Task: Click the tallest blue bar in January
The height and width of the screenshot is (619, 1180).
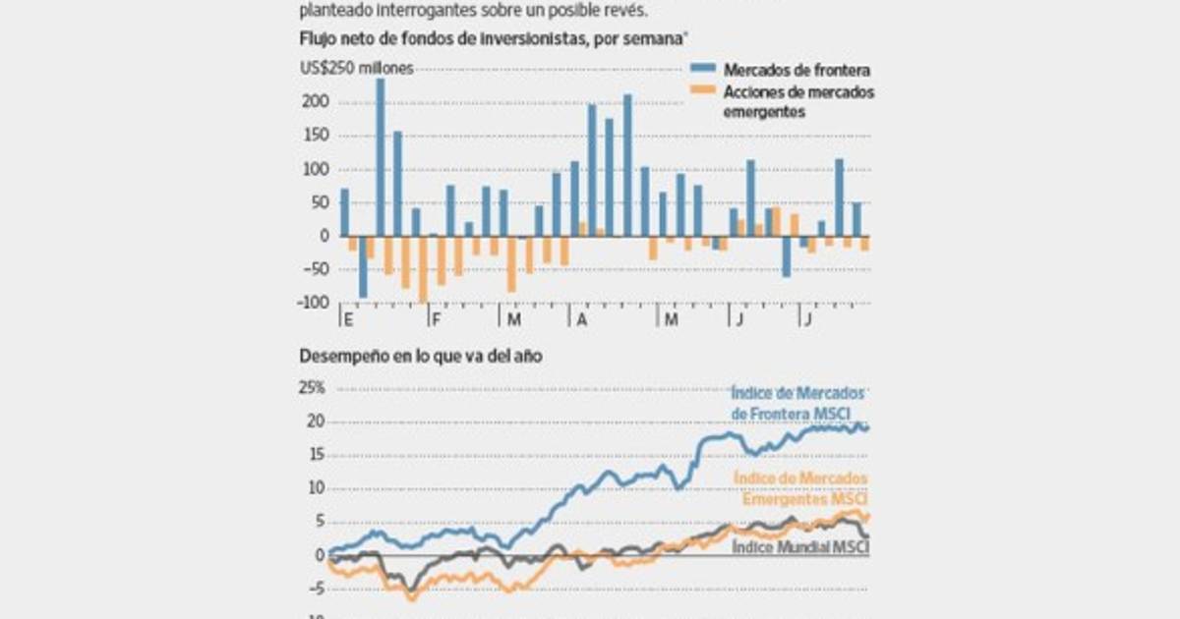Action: [381, 157]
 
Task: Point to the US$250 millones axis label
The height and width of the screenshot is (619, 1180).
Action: [357, 68]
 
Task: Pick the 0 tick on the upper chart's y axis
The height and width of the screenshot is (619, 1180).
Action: [323, 236]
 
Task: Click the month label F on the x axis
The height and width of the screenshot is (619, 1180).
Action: [436, 320]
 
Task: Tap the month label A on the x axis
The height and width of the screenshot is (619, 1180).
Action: [582, 320]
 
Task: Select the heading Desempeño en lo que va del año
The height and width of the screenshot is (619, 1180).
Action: [420, 358]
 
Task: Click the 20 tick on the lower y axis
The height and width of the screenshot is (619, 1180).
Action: [316, 422]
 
